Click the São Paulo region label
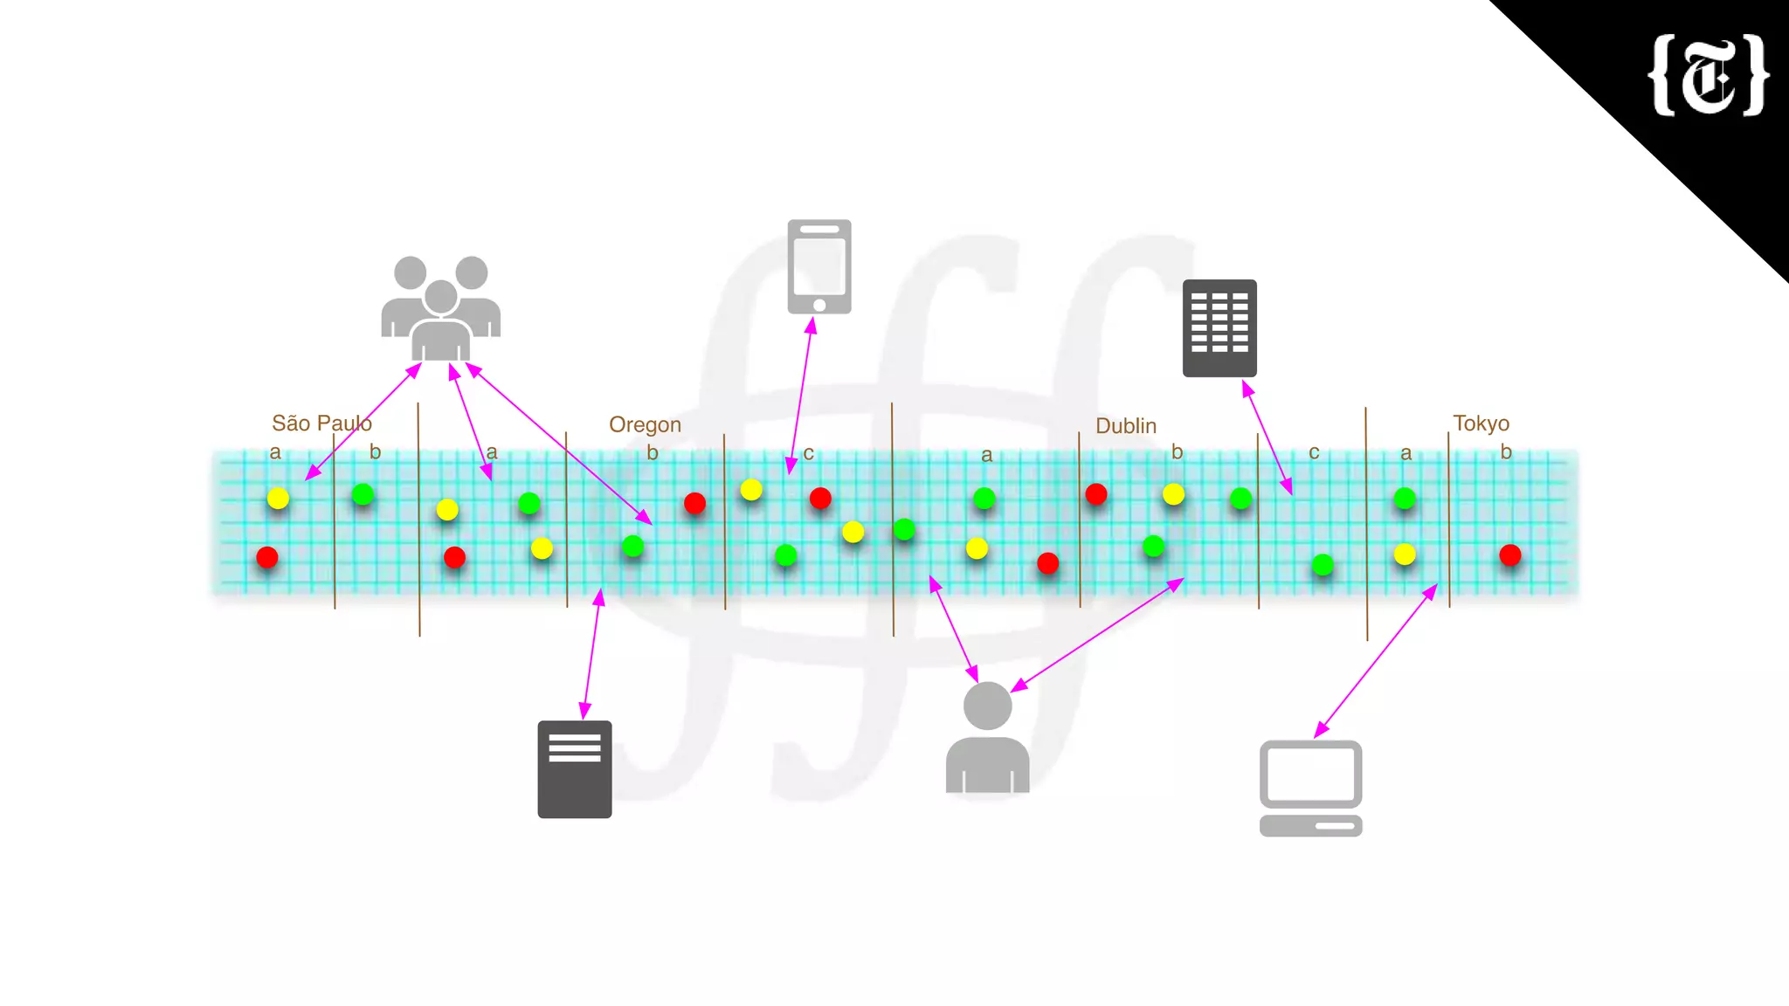point(321,424)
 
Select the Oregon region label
point(645,424)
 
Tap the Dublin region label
point(1125,426)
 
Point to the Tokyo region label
point(1481,424)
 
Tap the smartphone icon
point(819,266)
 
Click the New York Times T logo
point(1709,75)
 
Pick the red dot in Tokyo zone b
point(1509,555)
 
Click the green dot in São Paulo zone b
point(363,495)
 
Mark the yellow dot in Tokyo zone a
point(1405,555)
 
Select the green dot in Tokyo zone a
point(1405,499)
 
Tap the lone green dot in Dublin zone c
point(1323,565)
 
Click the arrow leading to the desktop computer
point(1376,660)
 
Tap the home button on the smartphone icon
point(819,305)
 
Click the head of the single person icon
point(987,706)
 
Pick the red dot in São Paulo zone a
point(267,557)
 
